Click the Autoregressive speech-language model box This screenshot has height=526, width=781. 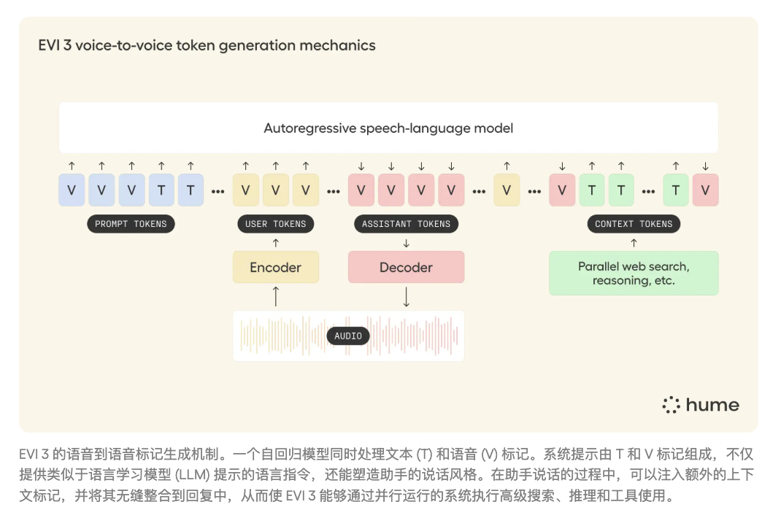[388, 128]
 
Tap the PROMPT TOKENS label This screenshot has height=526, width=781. [131, 224]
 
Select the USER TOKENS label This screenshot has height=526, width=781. [275, 224]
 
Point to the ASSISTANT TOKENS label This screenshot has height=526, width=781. [406, 224]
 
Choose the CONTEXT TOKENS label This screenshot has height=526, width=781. [634, 224]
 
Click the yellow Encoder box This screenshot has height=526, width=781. [275, 268]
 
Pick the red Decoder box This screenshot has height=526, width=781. [406, 268]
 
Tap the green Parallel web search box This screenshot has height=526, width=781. [634, 274]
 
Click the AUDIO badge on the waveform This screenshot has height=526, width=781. [348, 336]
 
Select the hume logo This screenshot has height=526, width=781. [700, 406]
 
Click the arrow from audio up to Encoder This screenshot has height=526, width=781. [275, 296]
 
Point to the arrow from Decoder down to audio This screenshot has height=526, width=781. [406, 296]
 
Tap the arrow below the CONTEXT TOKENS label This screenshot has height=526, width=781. [634, 242]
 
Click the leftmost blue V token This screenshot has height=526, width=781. [72, 190]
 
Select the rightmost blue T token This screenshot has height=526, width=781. [191, 190]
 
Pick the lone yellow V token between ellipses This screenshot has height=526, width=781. [507, 190]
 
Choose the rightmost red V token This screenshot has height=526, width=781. [705, 190]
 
